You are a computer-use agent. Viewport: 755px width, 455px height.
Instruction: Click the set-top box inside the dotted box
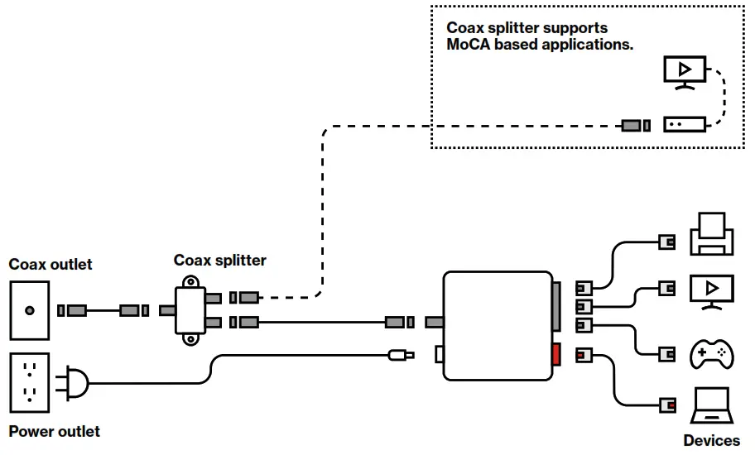pos(684,124)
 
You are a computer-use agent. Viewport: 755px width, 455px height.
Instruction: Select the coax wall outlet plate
pos(30,311)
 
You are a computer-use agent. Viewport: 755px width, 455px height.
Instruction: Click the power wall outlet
pos(30,382)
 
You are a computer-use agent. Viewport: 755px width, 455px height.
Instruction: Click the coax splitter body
pos(190,310)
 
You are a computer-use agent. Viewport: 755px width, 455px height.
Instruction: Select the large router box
pos(497,326)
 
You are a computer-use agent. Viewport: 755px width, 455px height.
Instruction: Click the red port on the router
pos(555,354)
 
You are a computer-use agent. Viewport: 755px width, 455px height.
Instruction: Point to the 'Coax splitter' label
pos(219,261)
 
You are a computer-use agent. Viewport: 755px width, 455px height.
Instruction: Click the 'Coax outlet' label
pos(50,265)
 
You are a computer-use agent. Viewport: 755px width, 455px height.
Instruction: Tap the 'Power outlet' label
pos(54,432)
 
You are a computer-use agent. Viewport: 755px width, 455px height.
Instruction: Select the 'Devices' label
pos(711,441)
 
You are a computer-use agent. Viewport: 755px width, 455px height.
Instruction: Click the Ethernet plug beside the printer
pos(666,241)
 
